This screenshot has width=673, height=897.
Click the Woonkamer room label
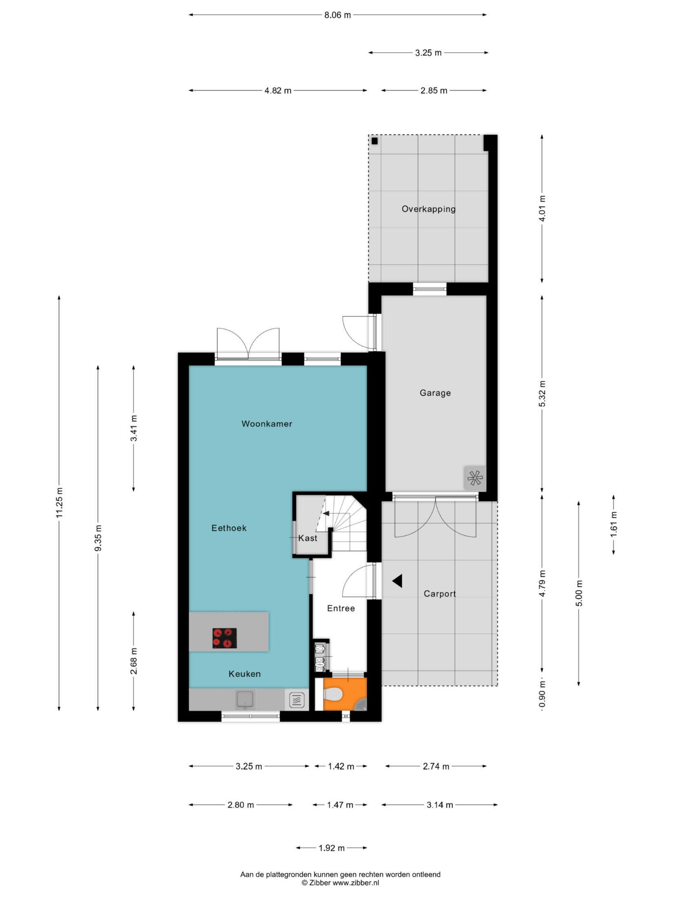267,424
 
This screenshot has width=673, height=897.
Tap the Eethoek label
229,528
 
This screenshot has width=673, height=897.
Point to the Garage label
435,393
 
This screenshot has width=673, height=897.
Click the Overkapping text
428,209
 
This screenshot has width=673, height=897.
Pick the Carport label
440,594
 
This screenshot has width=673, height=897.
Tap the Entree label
341,608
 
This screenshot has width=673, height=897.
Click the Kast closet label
308,538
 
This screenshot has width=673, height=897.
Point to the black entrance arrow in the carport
397,581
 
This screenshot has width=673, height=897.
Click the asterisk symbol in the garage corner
475,478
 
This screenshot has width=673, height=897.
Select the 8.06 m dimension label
338,15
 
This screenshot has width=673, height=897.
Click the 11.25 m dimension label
60,503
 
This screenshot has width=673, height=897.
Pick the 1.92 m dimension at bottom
331,848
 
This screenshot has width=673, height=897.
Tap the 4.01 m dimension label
542,208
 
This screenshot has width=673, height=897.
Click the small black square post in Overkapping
375,141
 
